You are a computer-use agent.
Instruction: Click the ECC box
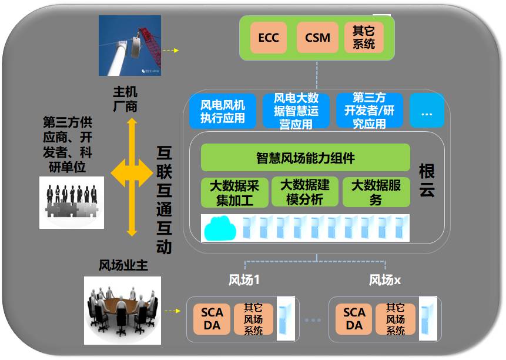pos(269,38)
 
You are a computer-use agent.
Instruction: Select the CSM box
pos(317,38)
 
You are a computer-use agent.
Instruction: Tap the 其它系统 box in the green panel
pos(364,37)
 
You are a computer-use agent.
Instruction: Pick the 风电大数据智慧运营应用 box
pos(297,111)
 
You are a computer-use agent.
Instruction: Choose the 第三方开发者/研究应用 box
pos(370,111)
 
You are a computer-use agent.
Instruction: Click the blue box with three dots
pos(427,111)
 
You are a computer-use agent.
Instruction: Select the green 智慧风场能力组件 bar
pos(305,158)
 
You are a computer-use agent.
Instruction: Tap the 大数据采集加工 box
pos(234,192)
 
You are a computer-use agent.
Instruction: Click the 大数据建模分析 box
pos(305,192)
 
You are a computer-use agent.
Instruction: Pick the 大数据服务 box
pos(376,192)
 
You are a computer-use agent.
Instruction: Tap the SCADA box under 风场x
pos(354,319)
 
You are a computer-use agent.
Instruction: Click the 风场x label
pos(385,281)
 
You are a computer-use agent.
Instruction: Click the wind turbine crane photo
pos(130,45)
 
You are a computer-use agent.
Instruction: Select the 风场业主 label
pos(123,266)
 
